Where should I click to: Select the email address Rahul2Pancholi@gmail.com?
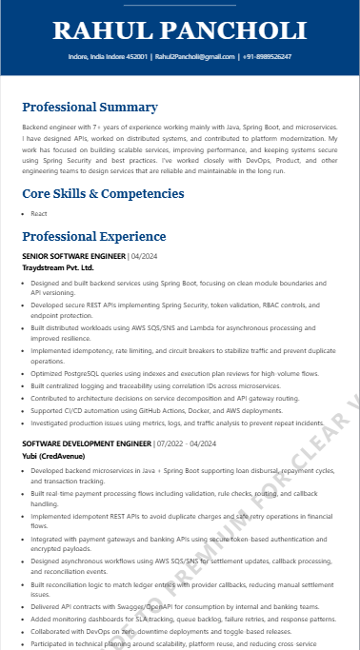coord(194,57)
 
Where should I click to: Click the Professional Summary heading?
coord(90,107)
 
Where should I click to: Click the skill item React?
coord(39,214)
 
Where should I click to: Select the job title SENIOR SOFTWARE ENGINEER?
coord(73,257)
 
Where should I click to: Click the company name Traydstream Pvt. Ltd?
coord(65,268)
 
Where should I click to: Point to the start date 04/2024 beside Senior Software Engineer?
coord(145,257)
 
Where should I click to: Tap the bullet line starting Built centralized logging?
coord(155,386)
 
